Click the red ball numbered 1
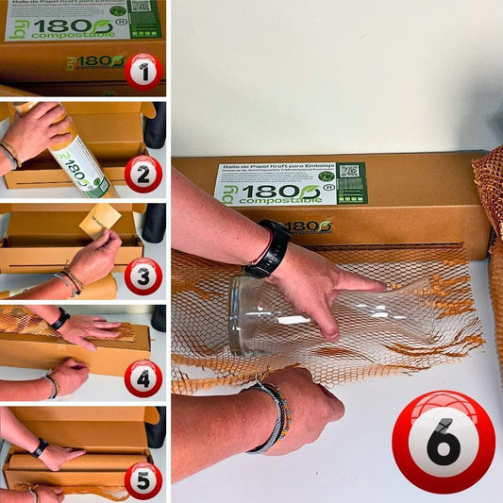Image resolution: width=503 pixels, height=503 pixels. click(143, 71)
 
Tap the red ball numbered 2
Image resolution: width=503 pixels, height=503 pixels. click(143, 173)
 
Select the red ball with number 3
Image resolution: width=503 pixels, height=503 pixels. click(143, 276)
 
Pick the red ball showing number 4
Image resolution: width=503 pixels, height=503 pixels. click(143, 377)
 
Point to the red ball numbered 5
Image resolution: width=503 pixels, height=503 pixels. click(143, 479)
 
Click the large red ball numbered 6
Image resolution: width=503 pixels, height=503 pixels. click(443, 442)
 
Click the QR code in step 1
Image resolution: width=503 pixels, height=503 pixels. click(142, 7)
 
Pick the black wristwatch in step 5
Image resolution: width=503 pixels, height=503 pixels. click(39, 447)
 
